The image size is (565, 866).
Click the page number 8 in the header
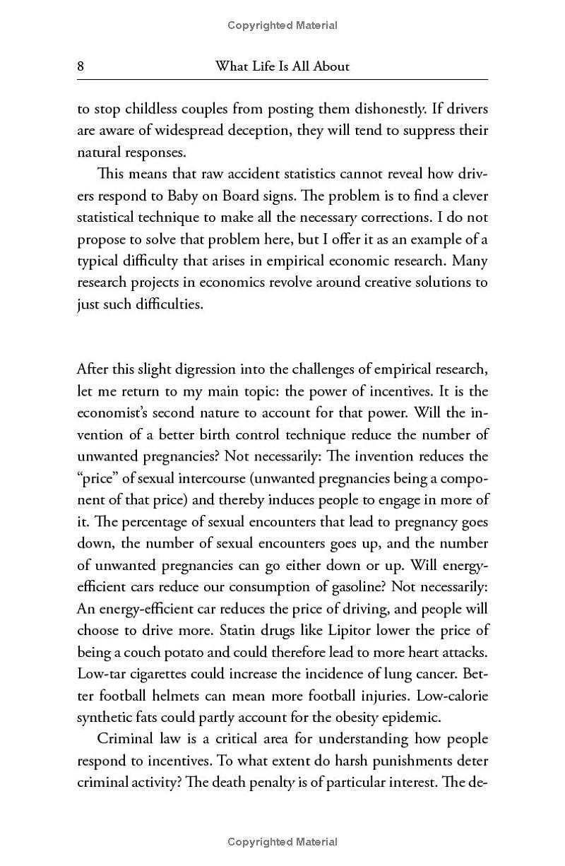tap(81, 66)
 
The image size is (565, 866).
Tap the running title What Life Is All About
tap(282, 66)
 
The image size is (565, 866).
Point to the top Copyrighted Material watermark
tap(282, 25)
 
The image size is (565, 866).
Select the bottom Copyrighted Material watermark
tap(282, 842)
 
